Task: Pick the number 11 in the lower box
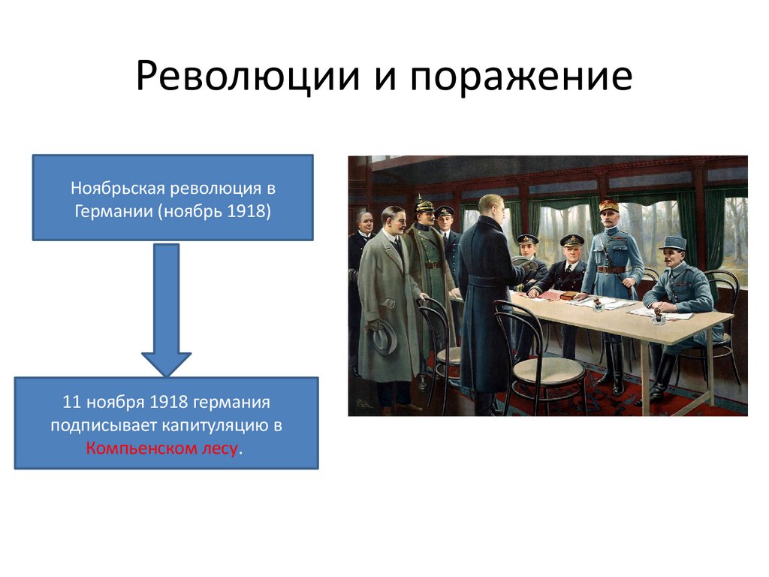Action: click(x=72, y=402)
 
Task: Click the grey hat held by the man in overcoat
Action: click(x=383, y=337)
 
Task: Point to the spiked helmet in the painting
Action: click(x=424, y=204)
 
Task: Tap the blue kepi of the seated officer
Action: click(x=672, y=242)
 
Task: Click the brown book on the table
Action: click(x=550, y=295)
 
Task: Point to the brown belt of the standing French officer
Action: click(x=611, y=269)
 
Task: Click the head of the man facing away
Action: click(x=490, y=206)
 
